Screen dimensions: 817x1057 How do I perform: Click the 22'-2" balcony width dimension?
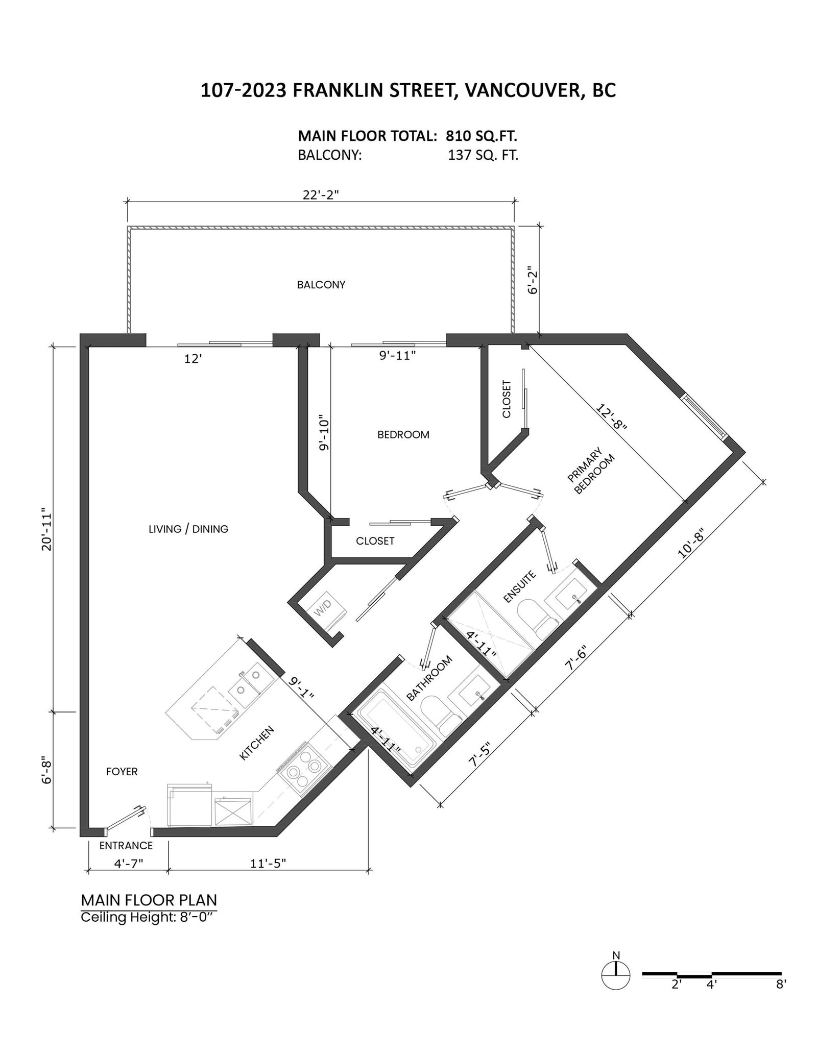[321, 195]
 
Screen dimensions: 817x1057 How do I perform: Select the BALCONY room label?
[321, 285]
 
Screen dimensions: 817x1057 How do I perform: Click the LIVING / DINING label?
[188, 529]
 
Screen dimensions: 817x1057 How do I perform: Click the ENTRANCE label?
[126, 846]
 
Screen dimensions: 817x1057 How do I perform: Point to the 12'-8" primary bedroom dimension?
[611, 418]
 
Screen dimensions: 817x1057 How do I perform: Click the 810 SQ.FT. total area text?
[482, 136]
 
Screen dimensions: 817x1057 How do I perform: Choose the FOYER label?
[122, 771]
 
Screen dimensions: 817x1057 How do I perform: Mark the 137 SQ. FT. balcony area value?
[483, 155]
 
